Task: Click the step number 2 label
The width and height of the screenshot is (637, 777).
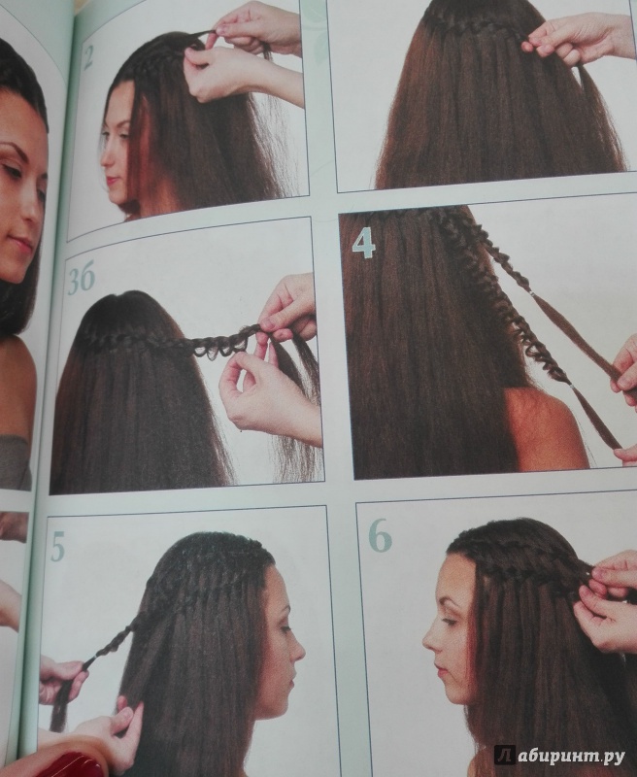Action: click(87, 58)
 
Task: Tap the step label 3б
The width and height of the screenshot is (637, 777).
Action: click(80, 282)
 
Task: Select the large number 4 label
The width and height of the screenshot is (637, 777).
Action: click(363, 244)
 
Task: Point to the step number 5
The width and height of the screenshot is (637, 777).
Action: click(57, 546)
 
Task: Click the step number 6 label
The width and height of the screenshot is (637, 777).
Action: click(380, 537)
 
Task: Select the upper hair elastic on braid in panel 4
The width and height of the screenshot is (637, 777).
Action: click(532, 294)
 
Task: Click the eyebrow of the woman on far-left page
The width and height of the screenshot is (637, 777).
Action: click(12, 149)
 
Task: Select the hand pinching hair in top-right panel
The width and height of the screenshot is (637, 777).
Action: click(575, 40)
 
